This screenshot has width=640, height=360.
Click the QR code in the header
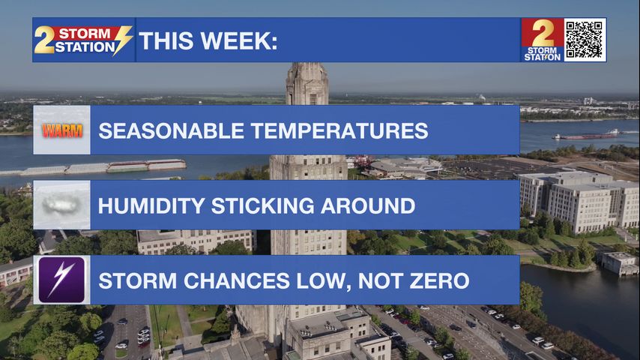click(x=584, y=40)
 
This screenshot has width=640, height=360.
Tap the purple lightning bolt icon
click(x=61, y=280)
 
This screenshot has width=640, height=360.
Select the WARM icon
click(x=62, y=130)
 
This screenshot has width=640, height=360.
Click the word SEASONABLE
click(x=171, y=131)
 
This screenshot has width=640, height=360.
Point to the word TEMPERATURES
click(x=339, y=131)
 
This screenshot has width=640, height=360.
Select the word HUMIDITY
click(x=151, y=206)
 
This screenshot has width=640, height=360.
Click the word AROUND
click(x=368, y=206)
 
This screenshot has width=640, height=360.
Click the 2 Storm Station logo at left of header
click(x=83, y=40)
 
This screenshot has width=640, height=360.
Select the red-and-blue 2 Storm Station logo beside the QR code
click(x=543, y=40)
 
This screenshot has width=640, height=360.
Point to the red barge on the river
click(x=586, y=135)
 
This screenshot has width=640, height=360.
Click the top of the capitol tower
click(x=307, y=64)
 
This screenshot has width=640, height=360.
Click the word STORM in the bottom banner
click(x=138, y=280)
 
